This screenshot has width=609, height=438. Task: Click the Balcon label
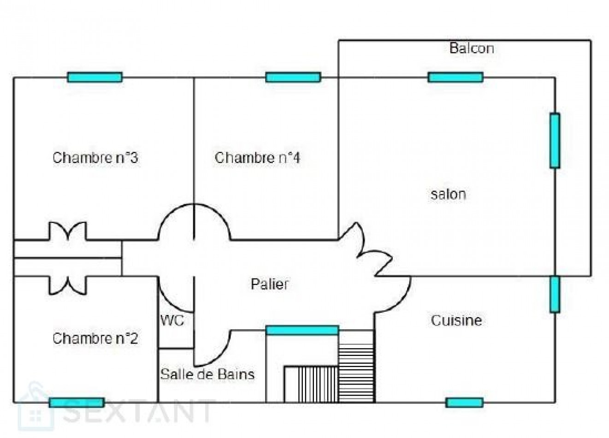(472, 48)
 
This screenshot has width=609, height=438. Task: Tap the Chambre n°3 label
(95, 158)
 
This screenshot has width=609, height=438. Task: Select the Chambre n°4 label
(258, 158)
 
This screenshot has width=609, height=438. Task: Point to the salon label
(448, 194)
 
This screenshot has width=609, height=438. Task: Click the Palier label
(270, 284)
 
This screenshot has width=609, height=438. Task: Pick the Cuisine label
(456, 320)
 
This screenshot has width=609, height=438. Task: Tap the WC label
(172, 320)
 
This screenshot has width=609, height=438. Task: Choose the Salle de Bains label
(207, 373)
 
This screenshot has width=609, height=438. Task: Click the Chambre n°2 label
(95, 338)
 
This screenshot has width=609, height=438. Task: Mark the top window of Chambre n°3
(95, 77)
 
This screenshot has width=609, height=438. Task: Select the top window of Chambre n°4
(293, 77)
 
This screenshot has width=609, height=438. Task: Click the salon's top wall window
(455, 77)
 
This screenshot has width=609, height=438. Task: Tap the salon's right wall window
(555, 140)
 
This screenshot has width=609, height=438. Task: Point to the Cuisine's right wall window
(555, 294)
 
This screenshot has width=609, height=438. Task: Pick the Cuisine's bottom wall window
(464, 402)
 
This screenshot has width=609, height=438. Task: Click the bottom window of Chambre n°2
(77, 402)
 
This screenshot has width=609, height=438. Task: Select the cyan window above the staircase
(302, 330)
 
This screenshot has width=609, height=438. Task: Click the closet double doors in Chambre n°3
(68, 231)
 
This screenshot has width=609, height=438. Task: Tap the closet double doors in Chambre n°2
(68, 285)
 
